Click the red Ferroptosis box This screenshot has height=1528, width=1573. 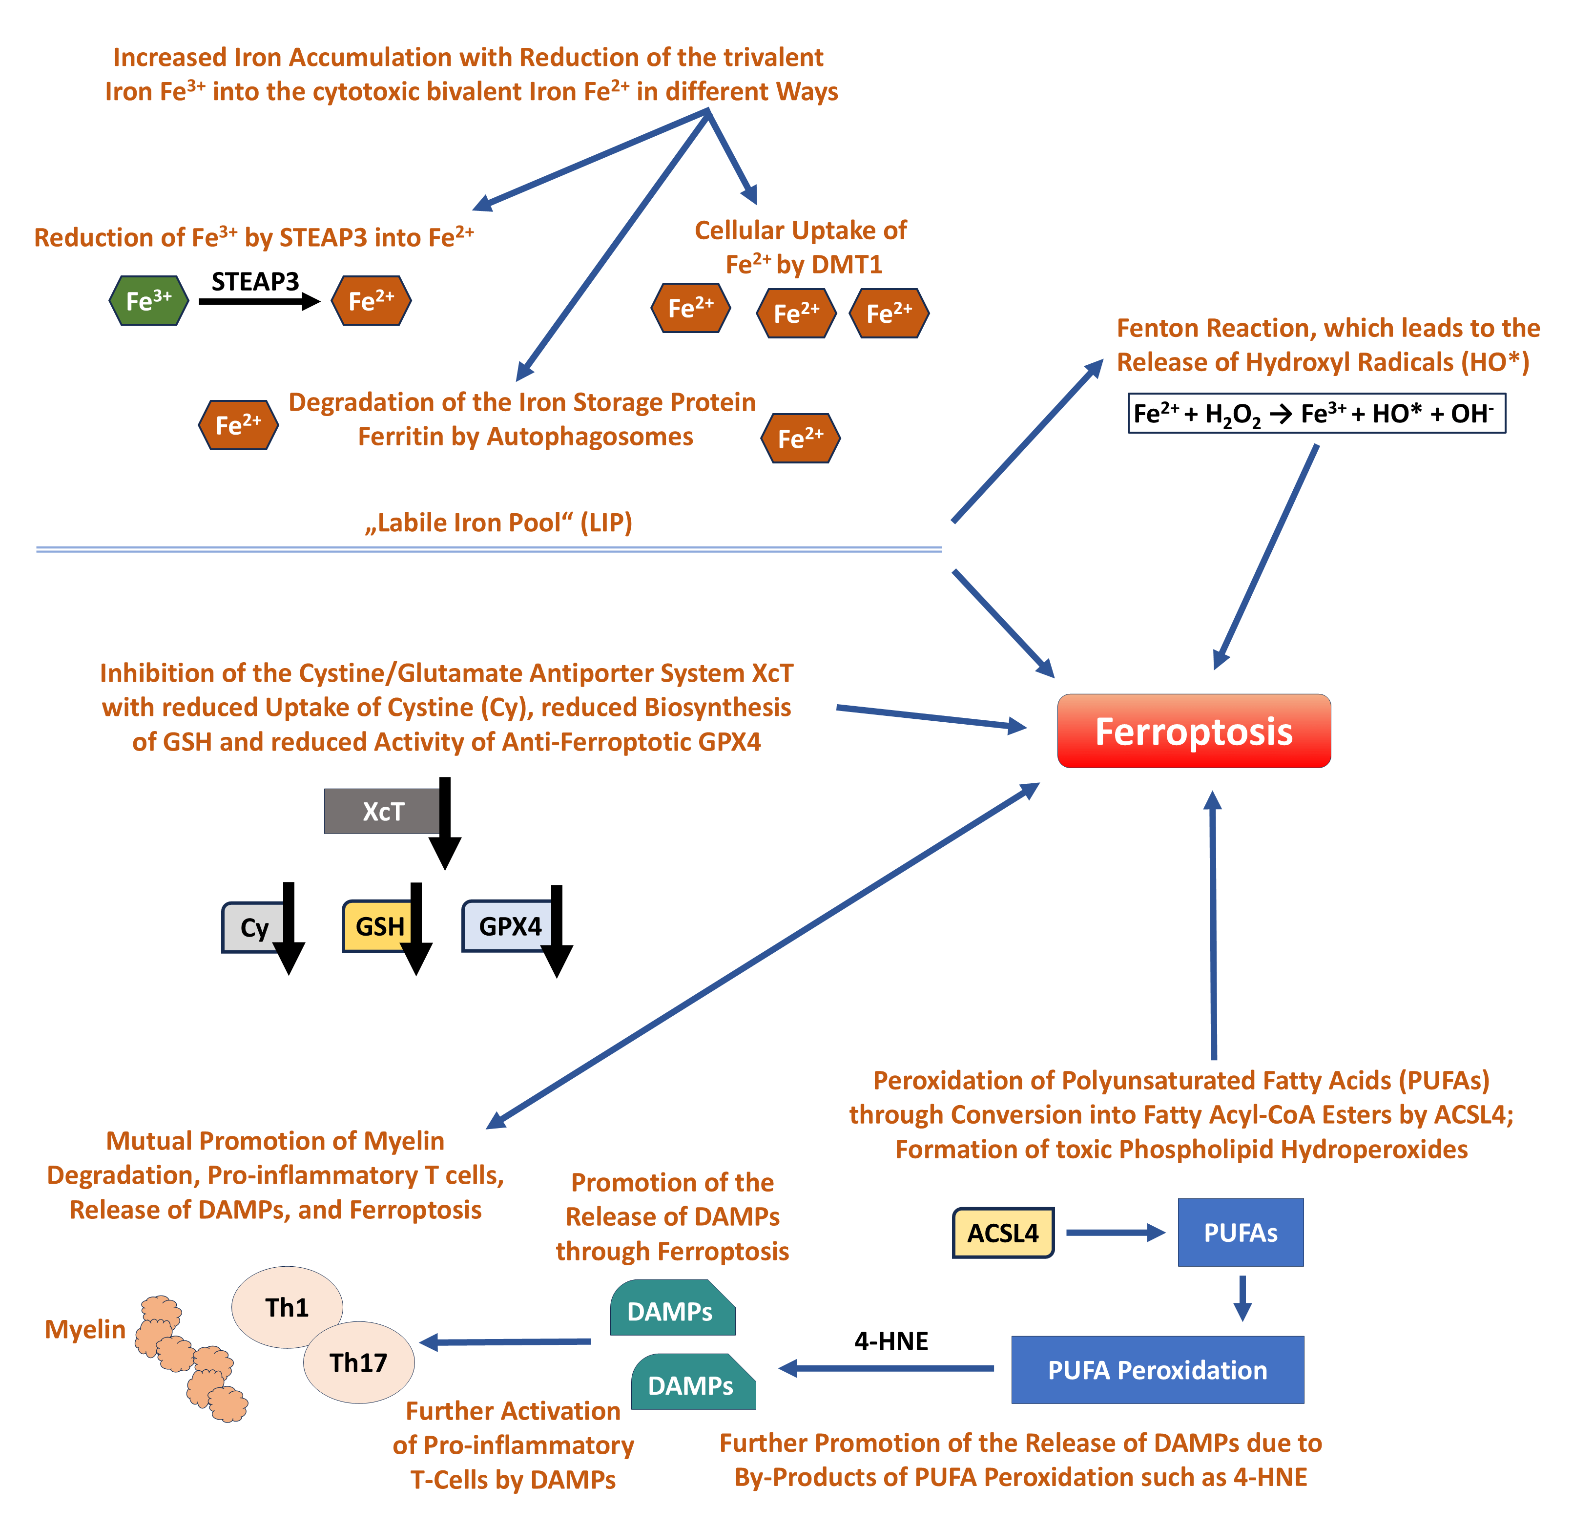click(1193, 731)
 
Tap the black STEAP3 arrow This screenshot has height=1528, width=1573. click(258, 302)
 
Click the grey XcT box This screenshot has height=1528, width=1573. click(382, 811)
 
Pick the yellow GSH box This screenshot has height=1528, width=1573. click(377, 926)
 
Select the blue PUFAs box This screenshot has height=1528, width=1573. click(1240, 1233)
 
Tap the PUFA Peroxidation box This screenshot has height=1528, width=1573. click(1157, 1370)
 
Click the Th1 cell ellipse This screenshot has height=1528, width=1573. click(287, 1307)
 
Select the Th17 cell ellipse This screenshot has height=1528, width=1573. click(359, 1362)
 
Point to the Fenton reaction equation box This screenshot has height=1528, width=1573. click(1316, 414)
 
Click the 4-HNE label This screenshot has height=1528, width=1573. click(891, 1341)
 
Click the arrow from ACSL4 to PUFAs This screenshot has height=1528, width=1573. click(1114, 1233)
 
